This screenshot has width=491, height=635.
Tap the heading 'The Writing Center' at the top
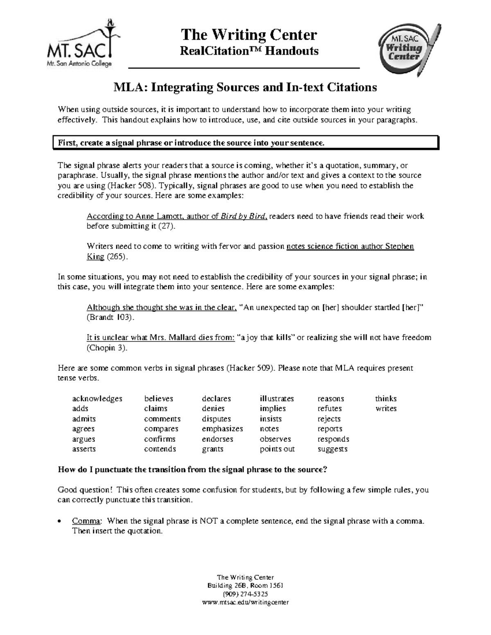pos(249,35)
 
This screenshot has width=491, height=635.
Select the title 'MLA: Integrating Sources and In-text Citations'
pos(245,88)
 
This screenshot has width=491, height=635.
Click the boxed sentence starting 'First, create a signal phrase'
pos(191,143)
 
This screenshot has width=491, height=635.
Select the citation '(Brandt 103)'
pos(110,317)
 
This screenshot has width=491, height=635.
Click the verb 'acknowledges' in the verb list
pos(97,399)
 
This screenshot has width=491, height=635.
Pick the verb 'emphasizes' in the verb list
pos(222,429)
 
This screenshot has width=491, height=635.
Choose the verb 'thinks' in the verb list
pos(386,399)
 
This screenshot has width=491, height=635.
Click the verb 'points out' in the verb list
pos(277,449)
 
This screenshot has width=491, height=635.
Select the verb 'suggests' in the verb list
pos(332,449)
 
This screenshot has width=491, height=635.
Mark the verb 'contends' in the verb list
pos(160,449)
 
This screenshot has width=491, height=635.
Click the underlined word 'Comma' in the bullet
pos(86,521)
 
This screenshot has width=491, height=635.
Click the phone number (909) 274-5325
pos(245,594)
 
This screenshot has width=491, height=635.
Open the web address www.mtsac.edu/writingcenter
pos(245,602)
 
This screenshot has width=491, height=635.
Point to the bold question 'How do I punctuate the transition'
pos(192,469)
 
